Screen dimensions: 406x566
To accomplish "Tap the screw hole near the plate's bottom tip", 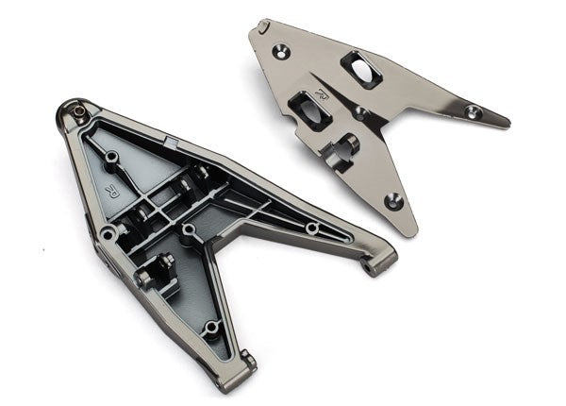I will click(x=393, y=200).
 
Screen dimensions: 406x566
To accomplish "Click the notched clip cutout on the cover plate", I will click(x=345, y=146).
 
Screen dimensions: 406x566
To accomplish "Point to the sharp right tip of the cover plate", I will click(x=508, y=123).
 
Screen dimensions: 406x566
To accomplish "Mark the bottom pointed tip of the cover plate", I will click(x=407, y=232).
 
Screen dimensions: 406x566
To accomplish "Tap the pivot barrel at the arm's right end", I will click(x=378, y=262).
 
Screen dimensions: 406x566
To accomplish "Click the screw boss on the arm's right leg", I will click(x=312, y=228).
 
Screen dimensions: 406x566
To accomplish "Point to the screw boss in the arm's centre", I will click(x=189, y=229).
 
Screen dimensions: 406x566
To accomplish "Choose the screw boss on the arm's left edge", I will click(x=108, y=231).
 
